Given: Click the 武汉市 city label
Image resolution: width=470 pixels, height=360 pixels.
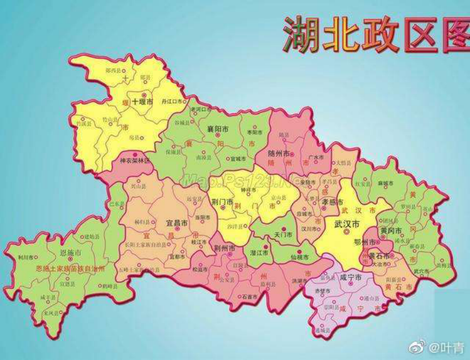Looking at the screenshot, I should pyautogui.click(x=347, y=224).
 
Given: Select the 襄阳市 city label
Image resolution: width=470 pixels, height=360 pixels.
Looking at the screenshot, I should pyautogui.click(x=218, y=129).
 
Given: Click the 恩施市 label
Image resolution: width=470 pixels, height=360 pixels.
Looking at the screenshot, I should pyautogui.click(x=71, y=253).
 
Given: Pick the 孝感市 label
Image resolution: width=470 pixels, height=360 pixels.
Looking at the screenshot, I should pyautogui.click(x=333, y=202).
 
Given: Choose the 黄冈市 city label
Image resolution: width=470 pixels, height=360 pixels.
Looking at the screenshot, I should pyautogui.click(x=391, y=231).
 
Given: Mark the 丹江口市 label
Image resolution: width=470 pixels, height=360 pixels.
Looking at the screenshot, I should pyautogui.click(x=172, y=101).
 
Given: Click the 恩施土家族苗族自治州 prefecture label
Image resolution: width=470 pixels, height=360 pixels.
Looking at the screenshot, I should pyautogui.click(x=70, y=269).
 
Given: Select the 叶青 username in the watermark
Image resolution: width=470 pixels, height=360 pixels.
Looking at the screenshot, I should pyautogui.click(x=451, y=346).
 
